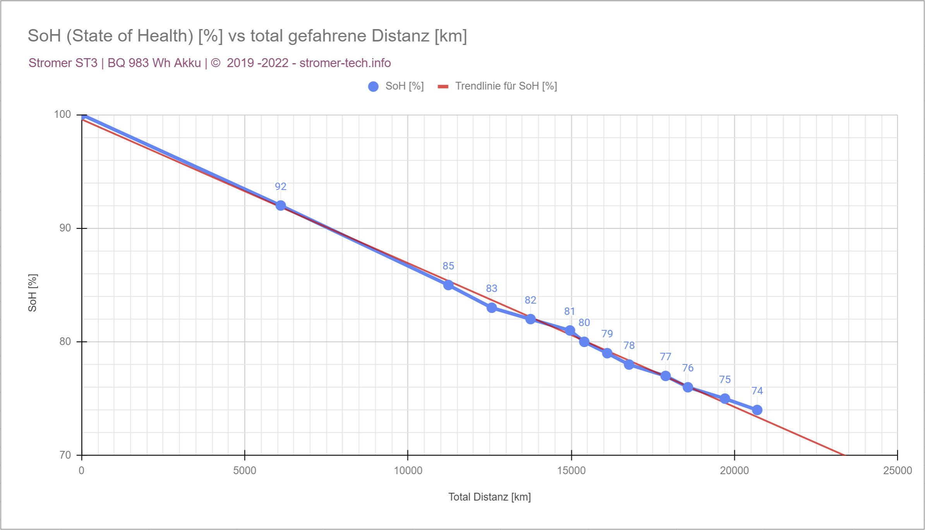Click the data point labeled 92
click(281, 205)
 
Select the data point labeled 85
click(448, 285)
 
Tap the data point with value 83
click(492, 308)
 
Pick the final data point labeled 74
click(757, 410)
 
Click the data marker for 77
click(666, 376)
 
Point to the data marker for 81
click(570, 330)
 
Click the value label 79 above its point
click(607, 334)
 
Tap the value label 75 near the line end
click(725, 380)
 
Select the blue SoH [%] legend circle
click(373, 86)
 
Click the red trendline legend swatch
click(443, 86)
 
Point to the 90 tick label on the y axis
click(65, 228)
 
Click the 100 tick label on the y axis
click(62, 114)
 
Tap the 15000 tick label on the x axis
click(571, 471)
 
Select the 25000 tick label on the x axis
click(898, 471)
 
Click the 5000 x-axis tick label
click(245, 471)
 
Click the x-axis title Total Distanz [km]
click(489, 497)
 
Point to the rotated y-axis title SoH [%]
click(33, 293)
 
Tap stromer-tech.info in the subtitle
click(345, 63)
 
